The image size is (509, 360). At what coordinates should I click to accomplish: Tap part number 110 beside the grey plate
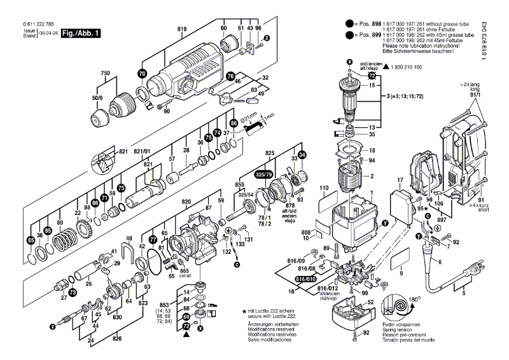tap(323, 188)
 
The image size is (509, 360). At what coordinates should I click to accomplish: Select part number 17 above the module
tap(400, 182)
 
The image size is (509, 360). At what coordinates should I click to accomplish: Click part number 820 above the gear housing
tap(186, 201)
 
